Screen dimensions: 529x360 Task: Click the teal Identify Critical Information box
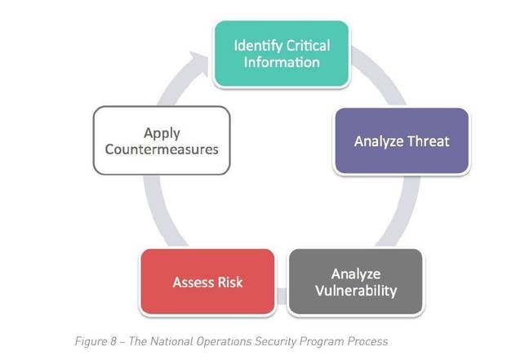[x=282, y=54]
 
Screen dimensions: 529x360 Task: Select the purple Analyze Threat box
[x=402, y=141]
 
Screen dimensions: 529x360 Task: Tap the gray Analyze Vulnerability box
[x=356, y=282]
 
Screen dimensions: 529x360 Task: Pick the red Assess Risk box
[x=207, y=282]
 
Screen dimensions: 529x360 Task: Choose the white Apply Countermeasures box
[x=162, y=140]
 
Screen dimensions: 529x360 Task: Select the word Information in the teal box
[x=282, y=62]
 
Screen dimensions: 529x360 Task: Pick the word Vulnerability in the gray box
[x=356, y=291]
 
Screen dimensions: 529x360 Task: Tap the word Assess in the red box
[x=193, y=282]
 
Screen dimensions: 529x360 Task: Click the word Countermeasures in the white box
[x=162, y=149]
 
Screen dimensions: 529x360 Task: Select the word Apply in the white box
[x=162, y=134]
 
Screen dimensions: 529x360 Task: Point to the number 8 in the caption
[x=113, y=341]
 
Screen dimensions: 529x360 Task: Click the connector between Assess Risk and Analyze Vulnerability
[x=282, y=296]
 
